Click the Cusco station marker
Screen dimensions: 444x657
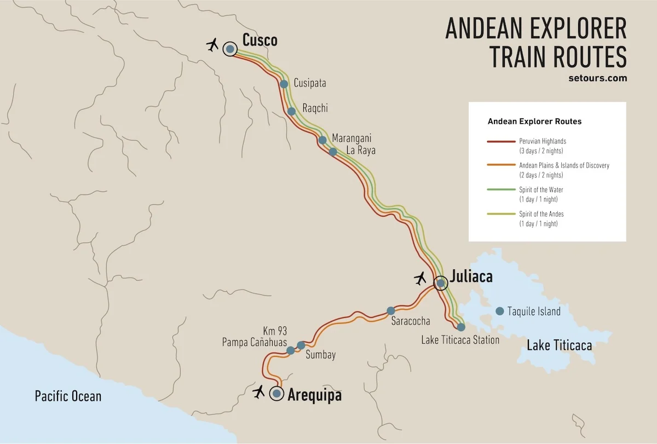pos(230,49)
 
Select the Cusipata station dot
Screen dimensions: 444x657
pos(284,84)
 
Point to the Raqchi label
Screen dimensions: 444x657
pos(315,108)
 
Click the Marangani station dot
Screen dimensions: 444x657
pos(322,140)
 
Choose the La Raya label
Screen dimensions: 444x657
pos(360,151)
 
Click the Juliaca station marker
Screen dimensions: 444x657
pos(440,283)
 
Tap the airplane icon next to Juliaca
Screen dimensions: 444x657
pos(420,279)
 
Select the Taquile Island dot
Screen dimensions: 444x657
pos(499,311)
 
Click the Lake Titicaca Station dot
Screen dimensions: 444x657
pos(461,327)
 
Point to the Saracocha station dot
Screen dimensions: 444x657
pos(390,310)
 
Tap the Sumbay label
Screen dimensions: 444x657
pos(320,355)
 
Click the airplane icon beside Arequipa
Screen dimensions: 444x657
pos(258,391)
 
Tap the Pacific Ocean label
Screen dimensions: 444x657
pos(68,396)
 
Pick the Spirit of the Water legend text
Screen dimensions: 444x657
pos(541,190)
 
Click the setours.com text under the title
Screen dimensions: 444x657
pos(598,78)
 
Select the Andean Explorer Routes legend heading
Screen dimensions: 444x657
pos(534,121)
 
